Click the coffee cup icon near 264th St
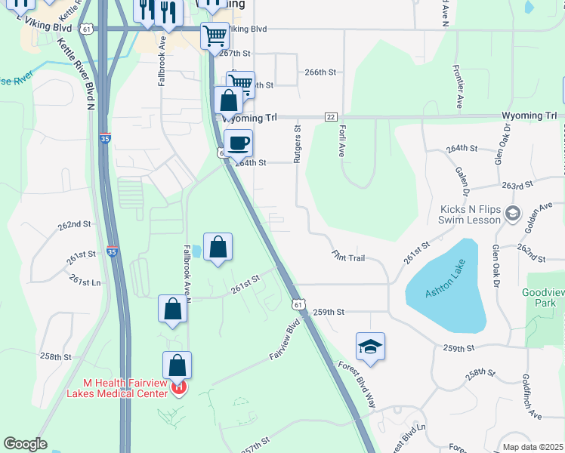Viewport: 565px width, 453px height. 238,142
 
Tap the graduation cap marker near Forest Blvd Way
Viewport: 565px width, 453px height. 370,346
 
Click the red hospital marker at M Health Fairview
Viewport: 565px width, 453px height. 179,388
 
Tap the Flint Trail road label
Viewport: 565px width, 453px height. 348,257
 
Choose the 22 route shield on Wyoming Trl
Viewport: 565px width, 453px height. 331,116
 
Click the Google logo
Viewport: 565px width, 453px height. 25,444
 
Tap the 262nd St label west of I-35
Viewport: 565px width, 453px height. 74,224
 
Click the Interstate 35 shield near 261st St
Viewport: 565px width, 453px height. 112,252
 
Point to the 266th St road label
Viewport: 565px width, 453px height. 320,72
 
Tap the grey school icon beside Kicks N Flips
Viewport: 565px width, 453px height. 514,214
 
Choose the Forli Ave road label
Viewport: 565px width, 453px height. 341,140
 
